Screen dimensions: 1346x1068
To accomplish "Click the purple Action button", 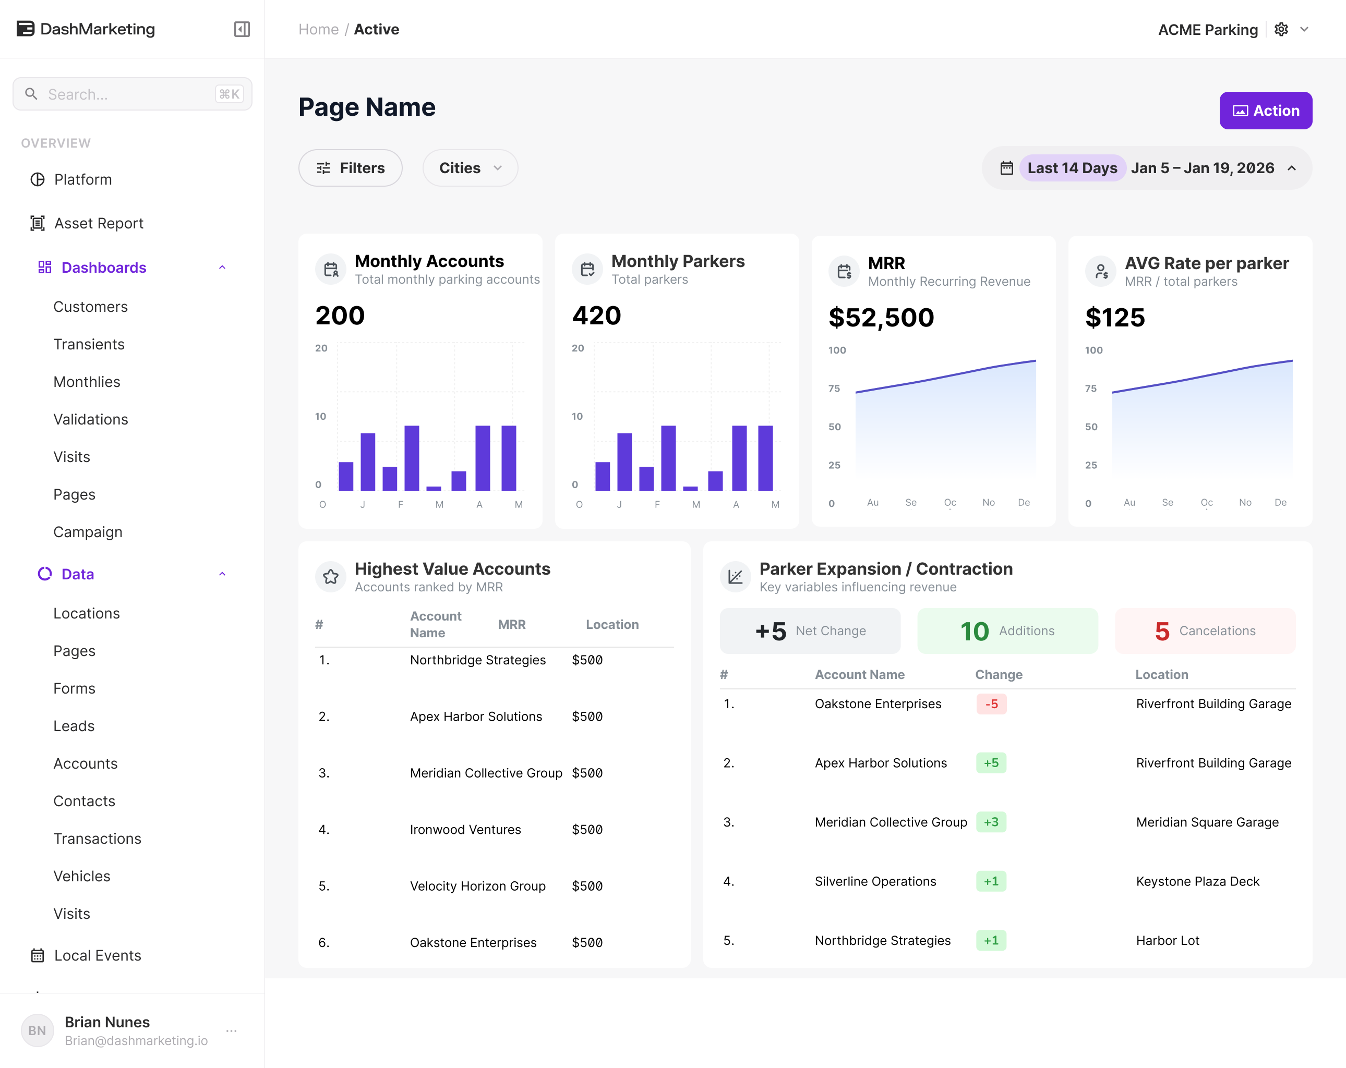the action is (1266, 111).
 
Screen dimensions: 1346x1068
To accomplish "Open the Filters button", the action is (350, 168).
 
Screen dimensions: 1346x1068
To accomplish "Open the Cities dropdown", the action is (470, 168).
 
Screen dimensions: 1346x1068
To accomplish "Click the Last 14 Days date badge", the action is (1072, 168).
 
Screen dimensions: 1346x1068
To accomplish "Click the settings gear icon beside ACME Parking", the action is (1281, 29).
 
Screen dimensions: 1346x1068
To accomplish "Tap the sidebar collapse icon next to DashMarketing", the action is (242, 29).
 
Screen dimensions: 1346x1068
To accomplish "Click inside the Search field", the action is (133, 94).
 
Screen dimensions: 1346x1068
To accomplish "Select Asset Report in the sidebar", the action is (99, 224).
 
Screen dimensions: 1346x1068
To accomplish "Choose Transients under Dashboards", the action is (89, 345).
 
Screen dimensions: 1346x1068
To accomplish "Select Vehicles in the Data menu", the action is (82, 877).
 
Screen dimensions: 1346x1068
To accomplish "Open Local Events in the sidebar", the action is (98, 956).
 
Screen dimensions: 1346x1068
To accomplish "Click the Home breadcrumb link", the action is (318, 29).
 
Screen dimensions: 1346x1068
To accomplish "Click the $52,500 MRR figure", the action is (881, 318).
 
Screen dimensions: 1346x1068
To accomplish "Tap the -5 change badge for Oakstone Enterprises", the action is (991, 704).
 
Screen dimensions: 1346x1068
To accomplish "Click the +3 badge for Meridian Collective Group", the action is (991, 822).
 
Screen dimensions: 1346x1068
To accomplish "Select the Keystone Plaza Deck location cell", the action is (1197, 881).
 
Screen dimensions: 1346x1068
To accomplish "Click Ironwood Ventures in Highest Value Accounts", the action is (465, 830).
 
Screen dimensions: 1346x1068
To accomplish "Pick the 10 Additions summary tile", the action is (1007, 631).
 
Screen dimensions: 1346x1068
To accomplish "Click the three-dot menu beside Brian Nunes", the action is (232, 1030).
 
